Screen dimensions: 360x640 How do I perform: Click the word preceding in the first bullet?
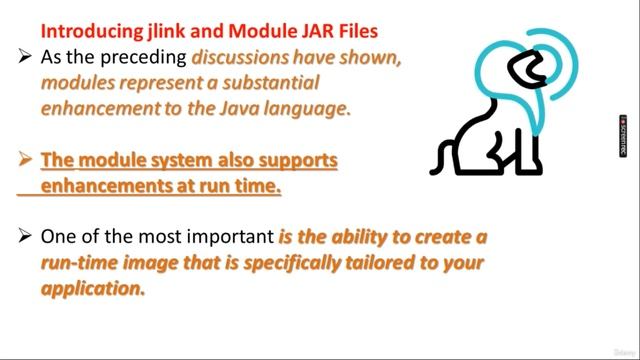point(145,58)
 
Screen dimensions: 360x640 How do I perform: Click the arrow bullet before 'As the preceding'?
point(26,58)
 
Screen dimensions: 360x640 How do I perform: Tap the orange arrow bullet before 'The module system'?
point(26,160)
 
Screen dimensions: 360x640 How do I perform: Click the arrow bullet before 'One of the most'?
point(26,237)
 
